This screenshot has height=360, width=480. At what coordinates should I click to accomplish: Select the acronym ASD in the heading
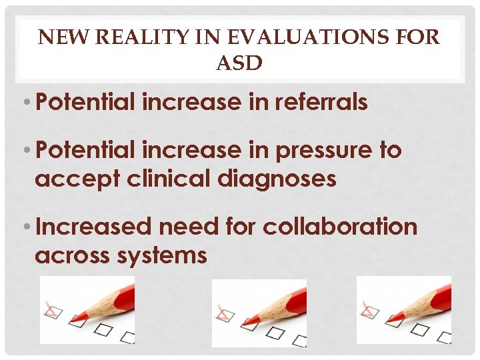click(x=239, y=63)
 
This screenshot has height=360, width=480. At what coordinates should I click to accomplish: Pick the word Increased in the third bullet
click(x=93, y=227)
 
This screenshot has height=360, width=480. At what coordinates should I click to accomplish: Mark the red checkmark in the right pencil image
click(x=367, y=309)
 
